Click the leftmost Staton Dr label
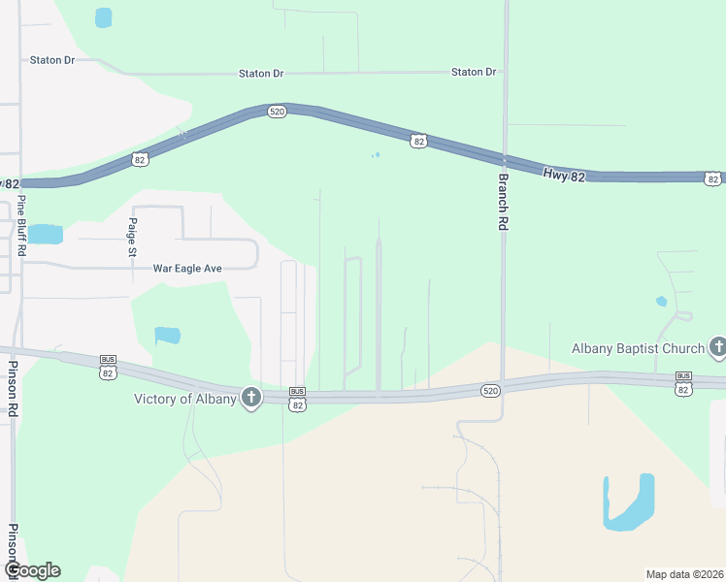52,60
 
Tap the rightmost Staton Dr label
474,72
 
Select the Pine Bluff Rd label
21,229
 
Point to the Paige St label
133,237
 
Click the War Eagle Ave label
188,268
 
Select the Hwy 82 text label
565,175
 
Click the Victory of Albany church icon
251,398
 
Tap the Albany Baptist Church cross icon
718,346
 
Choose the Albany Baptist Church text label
638,348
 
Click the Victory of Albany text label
185,400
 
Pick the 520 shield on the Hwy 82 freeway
278,113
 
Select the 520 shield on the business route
490,390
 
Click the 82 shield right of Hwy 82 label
713,178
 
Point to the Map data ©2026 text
684,574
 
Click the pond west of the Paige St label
45,234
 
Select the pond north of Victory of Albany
167,336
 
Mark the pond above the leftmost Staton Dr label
103,17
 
